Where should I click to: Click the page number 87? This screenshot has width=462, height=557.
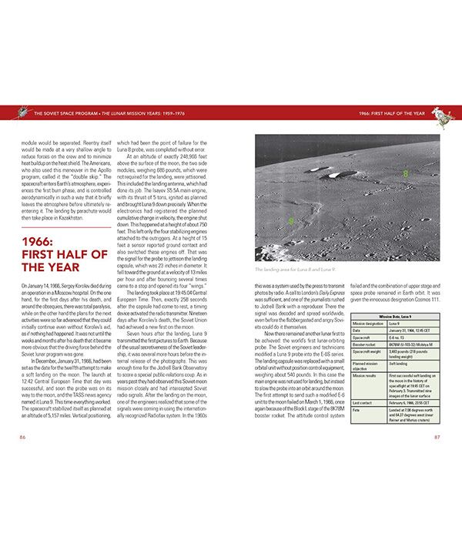[x=437, y=437]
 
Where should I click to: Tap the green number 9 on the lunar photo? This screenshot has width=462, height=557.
[x=290, y=221]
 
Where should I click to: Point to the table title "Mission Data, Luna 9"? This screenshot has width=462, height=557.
[x=394, y=316]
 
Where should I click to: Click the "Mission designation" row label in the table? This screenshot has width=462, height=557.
[x=369, y=323]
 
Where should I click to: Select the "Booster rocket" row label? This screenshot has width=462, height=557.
[x=365, y=344]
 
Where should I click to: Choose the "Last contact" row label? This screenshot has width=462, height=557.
[x=363, y=402]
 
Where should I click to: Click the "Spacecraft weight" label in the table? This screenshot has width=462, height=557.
[x=368, y=352]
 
